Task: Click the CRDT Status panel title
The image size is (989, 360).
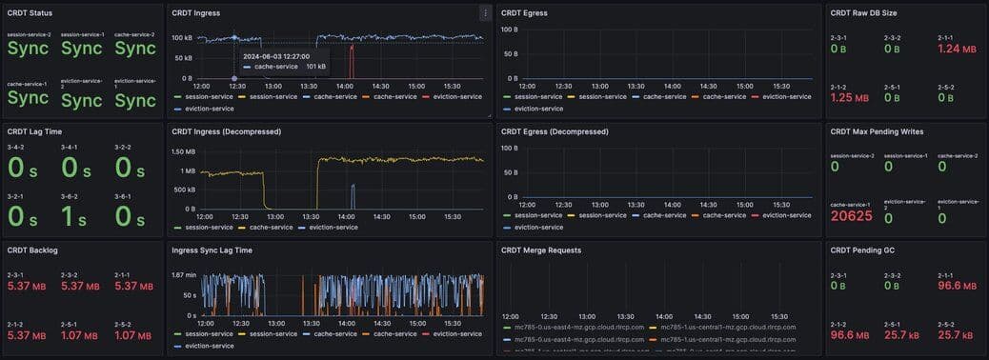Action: (30, 13)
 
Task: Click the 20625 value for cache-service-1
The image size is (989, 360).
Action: (852, 216)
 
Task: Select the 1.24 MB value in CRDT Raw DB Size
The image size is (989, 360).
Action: (957, 49)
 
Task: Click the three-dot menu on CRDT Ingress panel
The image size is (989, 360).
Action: (486, 13)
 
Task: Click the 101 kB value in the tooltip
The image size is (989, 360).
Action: (315, 67)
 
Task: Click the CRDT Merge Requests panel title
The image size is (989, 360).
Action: (541, 250)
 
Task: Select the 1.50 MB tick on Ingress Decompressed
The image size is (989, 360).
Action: (183, 152)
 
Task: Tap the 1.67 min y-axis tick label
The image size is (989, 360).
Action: (184, 274)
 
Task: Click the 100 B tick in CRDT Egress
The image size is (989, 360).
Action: (510, 29)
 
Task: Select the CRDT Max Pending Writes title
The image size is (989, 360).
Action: (877, 131)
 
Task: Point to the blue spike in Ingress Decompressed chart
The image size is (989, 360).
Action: (353, 196)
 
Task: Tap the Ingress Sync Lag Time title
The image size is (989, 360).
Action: (212, 250)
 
